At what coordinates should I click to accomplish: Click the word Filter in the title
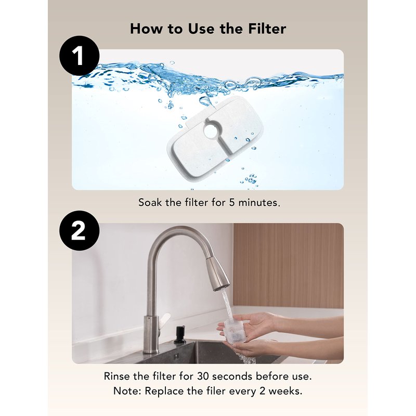pos(267,29)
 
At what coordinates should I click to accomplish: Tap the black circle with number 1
pos(80,56)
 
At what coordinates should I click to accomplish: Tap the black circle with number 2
pos(80,230)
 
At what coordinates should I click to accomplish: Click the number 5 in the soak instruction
pos(232,203)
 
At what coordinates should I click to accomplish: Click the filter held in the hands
pos(232,331)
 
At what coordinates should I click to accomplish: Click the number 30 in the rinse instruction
pos(203,376)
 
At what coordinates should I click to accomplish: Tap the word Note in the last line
pos(127,391)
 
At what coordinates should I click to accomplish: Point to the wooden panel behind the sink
pos(289,265)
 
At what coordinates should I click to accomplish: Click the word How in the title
pos(146,29)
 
